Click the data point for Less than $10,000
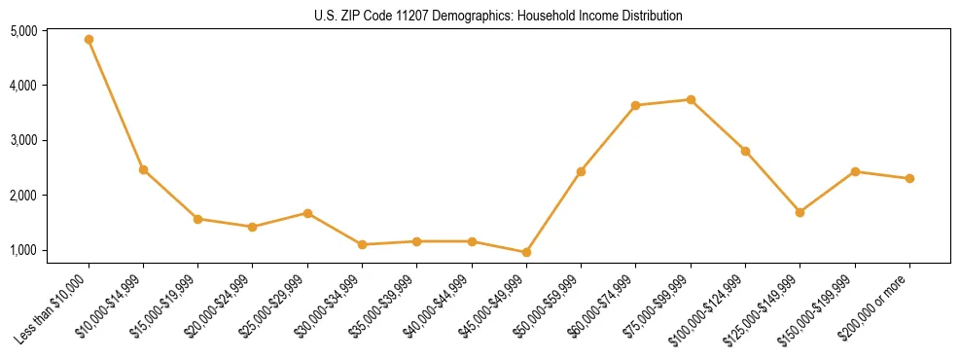pyautogui.click(x=89, y=40)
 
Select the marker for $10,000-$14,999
pyautogui.click(x=143, y=169)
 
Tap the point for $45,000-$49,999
pyautogui.click(x=526, y=252)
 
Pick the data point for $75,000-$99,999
pyautogui.click(x=691, y=99)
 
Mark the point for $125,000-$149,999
pyautogui.click(x=800, y=212)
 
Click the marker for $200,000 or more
pyautogui.click(x=909, y=178)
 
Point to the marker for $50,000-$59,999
pyautogui.click(x=581, y=171)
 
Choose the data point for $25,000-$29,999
pyautogui.click(x=307, y=213)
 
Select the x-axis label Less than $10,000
pyautogui.click(x=54, y=307)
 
